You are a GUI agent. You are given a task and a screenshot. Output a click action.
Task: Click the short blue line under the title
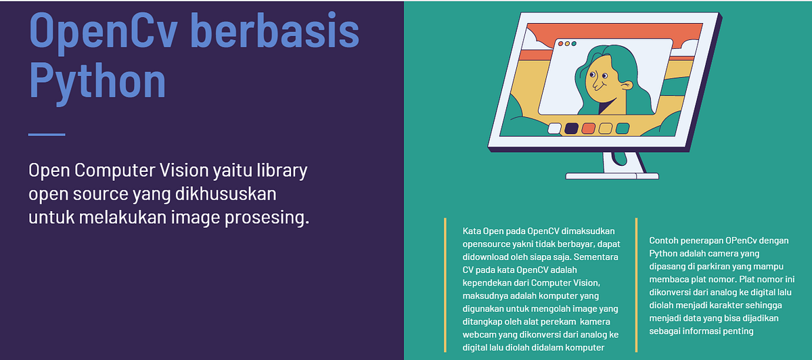(47, 135)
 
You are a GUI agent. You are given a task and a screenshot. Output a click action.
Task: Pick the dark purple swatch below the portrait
(572, 128)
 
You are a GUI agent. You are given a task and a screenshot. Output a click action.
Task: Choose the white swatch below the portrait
(555, 128)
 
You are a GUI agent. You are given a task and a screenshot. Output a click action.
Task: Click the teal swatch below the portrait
(623, 128)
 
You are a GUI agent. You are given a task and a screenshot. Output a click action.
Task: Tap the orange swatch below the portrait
(589, 128)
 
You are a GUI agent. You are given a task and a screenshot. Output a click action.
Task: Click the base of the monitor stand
(612, 176)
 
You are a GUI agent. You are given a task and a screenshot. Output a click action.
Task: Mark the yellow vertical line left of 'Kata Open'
(445, 284)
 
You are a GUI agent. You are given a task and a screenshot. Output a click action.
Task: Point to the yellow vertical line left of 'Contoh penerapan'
(636, 284)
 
